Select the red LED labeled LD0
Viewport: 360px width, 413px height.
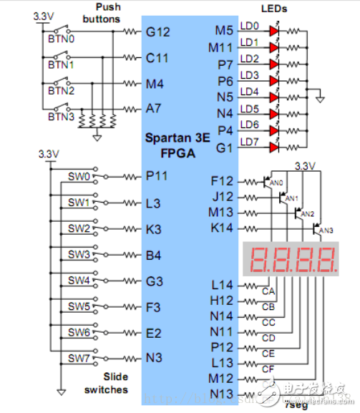(273, 31)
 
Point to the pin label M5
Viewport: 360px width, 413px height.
(224, 31)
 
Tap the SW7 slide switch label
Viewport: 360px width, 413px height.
(79, 358)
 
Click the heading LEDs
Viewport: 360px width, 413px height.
(273, 9)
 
